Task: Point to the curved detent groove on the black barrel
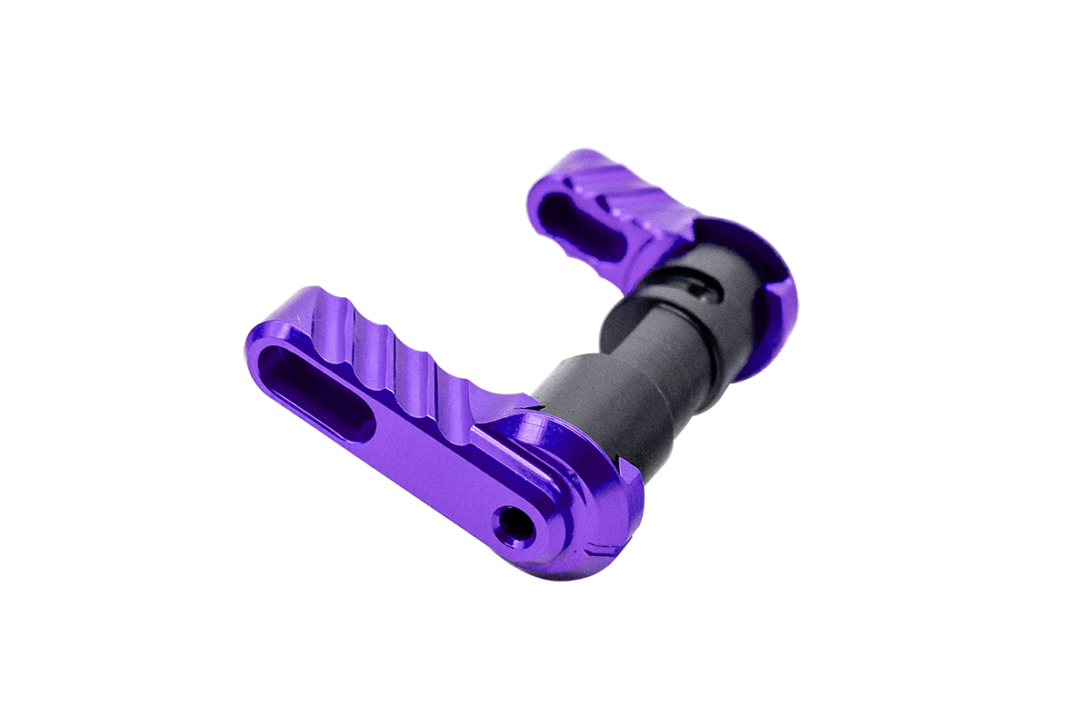click(x=700, y=289)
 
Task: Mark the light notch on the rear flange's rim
click(x=780, y=289)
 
